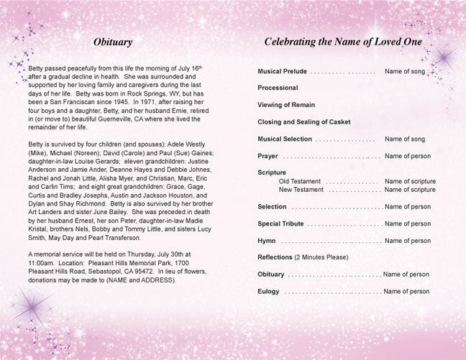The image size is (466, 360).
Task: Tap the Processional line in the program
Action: coord(278,88)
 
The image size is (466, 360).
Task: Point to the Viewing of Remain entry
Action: coord(287,105)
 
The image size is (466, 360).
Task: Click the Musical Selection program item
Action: coord(285,139)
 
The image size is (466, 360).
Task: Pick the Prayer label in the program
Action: coord(268,156)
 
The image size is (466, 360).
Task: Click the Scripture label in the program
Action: coord(272,172)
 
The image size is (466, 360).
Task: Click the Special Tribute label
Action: coord(282,223)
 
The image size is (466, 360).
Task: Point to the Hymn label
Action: coord(268,241)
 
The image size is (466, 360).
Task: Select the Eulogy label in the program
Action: coord(270,291)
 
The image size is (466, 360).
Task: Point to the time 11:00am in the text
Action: coord(41,262)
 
